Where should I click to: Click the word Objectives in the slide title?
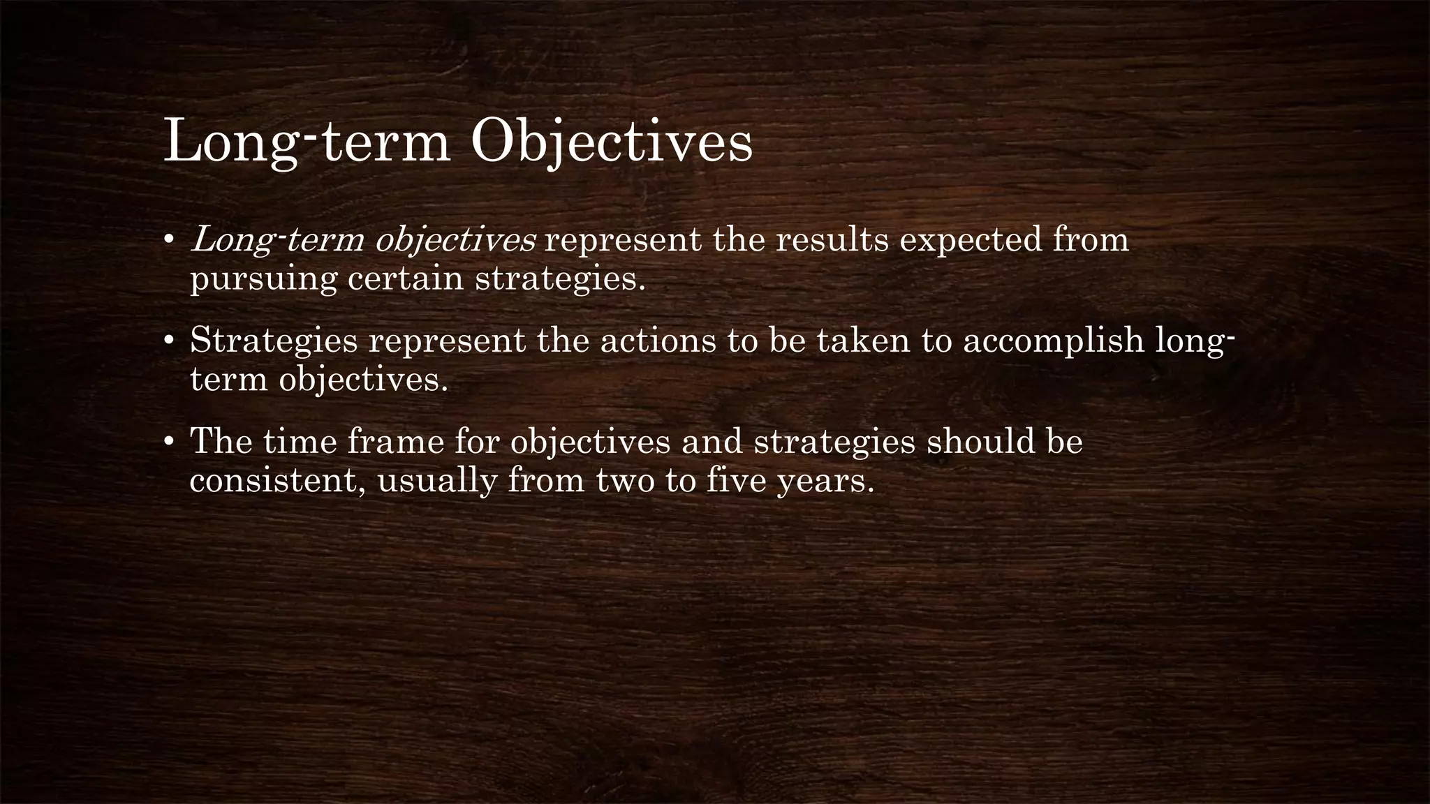pos(612,142)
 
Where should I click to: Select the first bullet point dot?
pos(168,241)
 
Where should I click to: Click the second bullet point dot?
pos(168,341)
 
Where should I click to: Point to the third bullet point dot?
pos(168,442)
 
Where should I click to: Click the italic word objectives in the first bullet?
pos(455,241)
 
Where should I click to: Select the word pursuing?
pos(263,280)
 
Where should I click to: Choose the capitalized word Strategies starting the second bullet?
pos(274,342)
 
